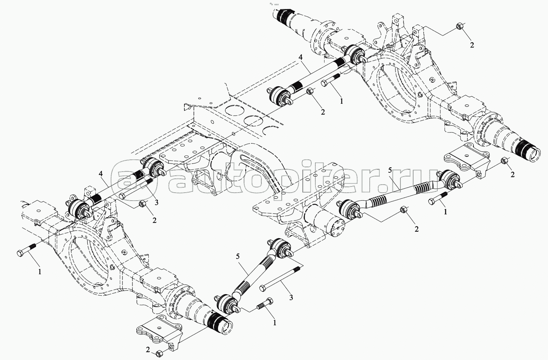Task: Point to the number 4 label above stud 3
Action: pyautogui.click(x=101, y=174)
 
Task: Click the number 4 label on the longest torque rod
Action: pyautogui.click(x=301, y=57)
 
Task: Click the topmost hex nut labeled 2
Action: pyautogui.click(x=459, y=26)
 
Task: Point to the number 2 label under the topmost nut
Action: pyautogui.click(x=472, y=45)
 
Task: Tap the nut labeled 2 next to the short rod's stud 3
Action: pyautogui.click(x=143, y=203)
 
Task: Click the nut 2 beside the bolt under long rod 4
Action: pyautogui.click(x=310, y=92)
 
